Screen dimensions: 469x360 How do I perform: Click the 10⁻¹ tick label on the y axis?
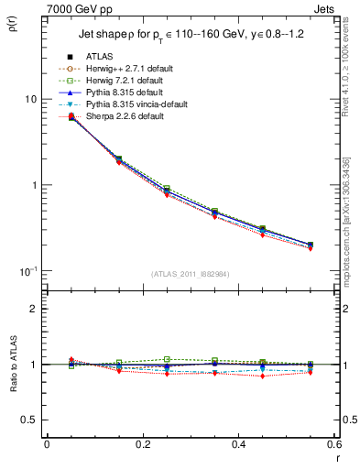[28, 272]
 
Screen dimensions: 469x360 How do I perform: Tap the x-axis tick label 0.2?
[142, 444]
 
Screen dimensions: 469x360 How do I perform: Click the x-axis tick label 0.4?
[237, 444]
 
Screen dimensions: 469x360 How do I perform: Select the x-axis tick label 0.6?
[333, 444]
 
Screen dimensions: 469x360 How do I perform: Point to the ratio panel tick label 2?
[36, 309]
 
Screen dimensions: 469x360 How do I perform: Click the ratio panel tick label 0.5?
[31, 420]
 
